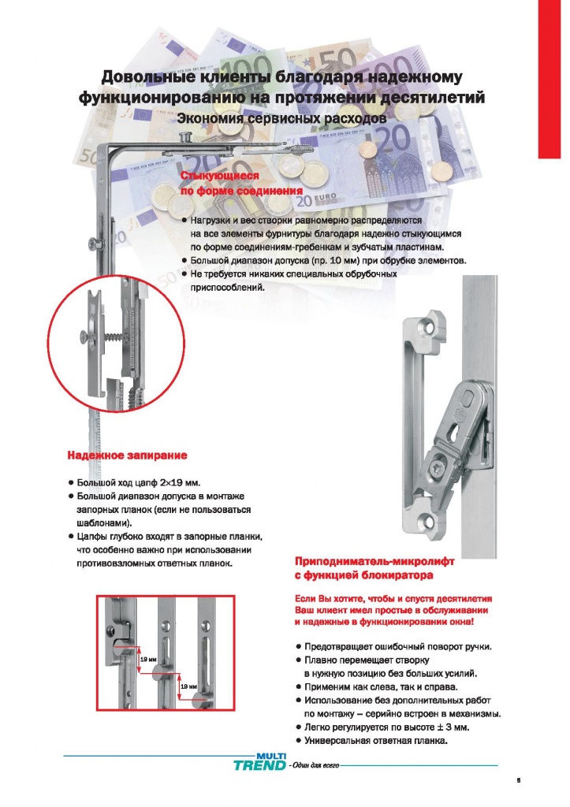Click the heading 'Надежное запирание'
pos(127,456)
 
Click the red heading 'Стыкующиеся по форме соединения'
pos(241,183)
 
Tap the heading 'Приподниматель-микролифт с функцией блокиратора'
pos(374,568)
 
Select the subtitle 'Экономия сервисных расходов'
pos(281,118)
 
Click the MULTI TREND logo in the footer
pos(260,762)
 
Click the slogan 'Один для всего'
pos(315,766)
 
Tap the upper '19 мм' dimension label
pos(147,660)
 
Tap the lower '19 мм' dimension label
pos(188,686)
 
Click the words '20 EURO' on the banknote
pos(316,199)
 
